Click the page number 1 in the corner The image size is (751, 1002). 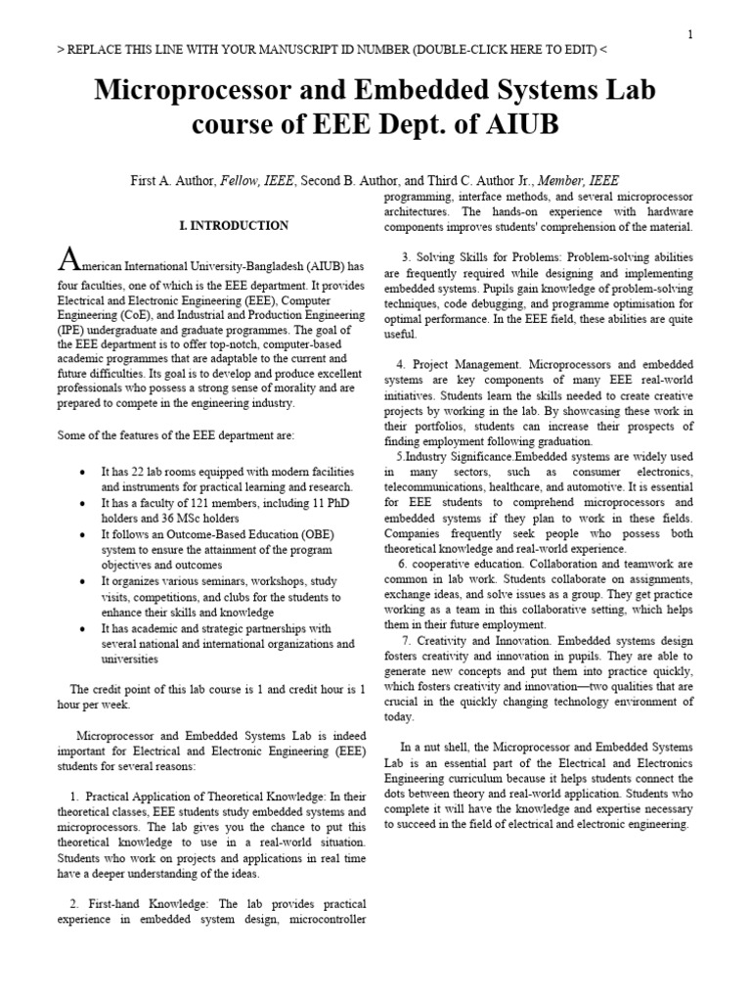point(690,34)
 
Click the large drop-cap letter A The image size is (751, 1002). point(68,261)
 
